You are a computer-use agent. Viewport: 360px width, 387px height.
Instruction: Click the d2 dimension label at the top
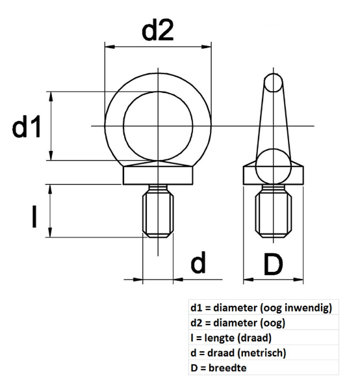[158, 30]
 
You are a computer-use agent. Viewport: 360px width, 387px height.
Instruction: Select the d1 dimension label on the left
[27, 127]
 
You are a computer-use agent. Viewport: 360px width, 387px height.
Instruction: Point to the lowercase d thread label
[198, 263]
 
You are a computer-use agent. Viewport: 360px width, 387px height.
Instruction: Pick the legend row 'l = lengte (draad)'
[230, 338]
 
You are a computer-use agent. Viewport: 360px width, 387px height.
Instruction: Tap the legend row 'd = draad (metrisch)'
[238, 353]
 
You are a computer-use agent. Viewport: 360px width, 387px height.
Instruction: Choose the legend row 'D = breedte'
[214, 367]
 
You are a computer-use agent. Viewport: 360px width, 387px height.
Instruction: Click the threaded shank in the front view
[158, 213]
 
